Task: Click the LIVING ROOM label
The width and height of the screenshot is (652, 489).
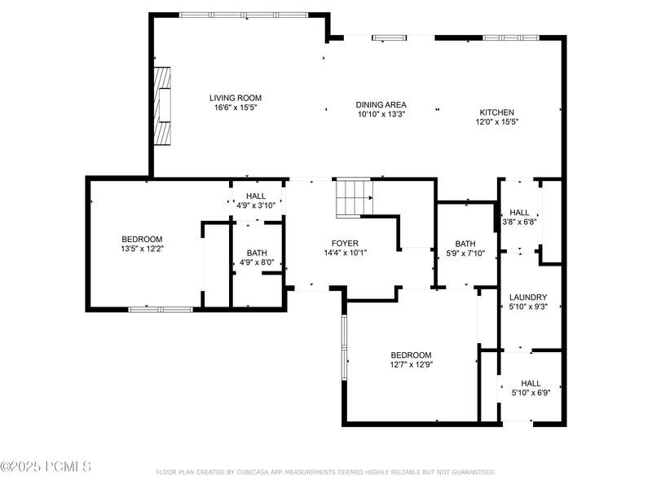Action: click(x=236, y=98)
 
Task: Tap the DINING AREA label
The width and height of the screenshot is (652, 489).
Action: click(x=381, y=105)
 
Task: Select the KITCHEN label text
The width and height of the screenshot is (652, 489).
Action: click(x=497, y=112)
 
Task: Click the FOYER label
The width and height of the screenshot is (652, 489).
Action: click(x=345, y=243)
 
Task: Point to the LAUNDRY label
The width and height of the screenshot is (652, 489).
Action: click(x=528, y=297)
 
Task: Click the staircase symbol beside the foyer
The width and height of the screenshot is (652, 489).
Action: click(x=355, y=198)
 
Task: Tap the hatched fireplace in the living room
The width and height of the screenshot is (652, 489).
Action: click(x=162, y=106)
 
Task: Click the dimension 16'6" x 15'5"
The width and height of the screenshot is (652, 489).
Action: click(x=236, y=108)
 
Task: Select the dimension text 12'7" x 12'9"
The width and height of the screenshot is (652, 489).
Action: click(x=411, y=364)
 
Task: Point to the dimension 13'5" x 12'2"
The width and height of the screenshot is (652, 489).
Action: click(x=142, y=249)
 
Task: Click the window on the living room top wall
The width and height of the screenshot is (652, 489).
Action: click(x=244, y=15)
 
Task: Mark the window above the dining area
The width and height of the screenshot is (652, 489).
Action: click(x=390, y=37)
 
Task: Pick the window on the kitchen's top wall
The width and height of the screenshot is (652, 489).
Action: click(x=511, y=37)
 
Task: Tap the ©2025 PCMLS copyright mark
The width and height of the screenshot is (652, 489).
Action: click(x=46, y=466)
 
